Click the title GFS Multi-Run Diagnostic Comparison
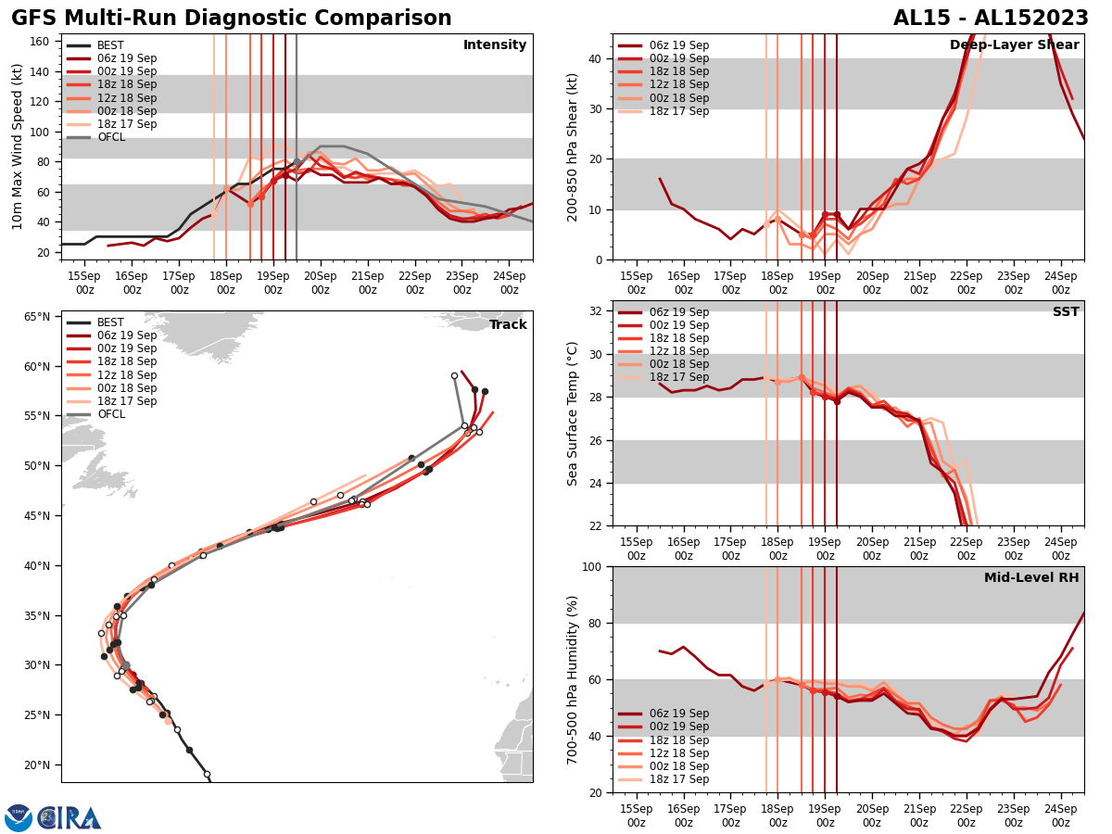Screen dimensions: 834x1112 231,19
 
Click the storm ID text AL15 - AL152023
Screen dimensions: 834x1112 991,19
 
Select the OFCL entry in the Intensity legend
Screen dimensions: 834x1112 110,137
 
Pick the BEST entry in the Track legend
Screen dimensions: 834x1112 110,322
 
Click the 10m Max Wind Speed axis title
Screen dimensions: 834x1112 17,146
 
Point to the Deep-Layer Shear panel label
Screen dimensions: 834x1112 1014,45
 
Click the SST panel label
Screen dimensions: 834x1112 1065,312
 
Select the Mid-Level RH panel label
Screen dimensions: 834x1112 1030,578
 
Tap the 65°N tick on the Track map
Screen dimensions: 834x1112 37,316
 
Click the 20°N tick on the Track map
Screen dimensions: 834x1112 37,764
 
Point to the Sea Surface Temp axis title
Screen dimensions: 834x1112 573,413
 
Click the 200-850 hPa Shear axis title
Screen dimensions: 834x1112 573,146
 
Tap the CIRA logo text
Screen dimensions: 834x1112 69,817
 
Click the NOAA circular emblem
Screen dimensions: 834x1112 19,817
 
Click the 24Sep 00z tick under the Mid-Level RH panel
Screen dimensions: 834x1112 1060,815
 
